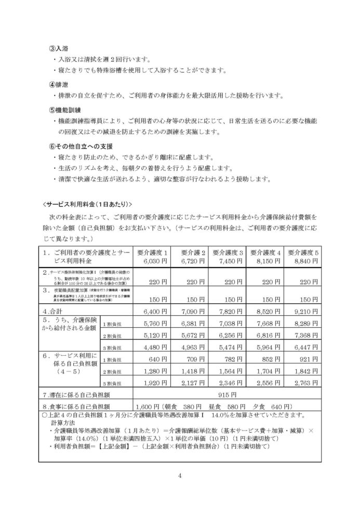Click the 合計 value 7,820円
coord(230,312)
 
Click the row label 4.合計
coord(54,312)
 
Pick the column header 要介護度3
coord(230,252)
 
